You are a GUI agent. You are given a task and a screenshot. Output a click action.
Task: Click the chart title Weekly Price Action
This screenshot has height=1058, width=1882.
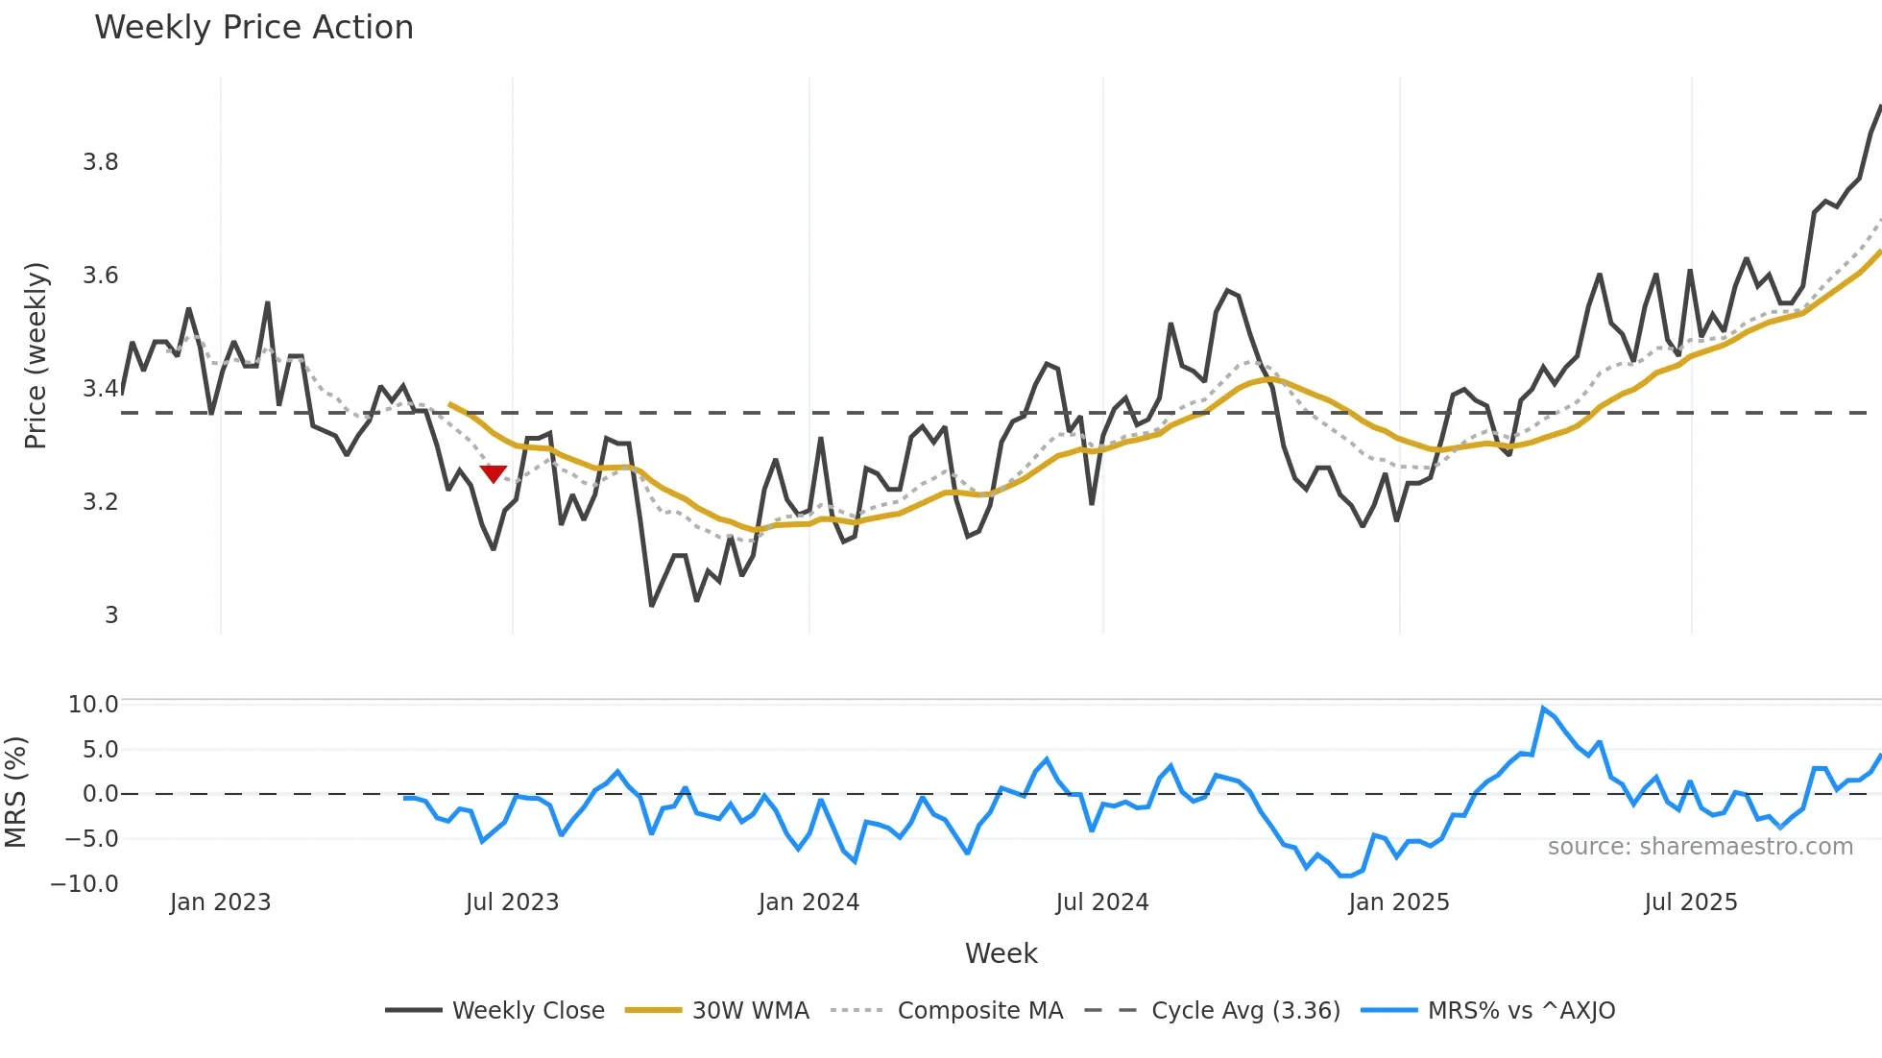[253, 28]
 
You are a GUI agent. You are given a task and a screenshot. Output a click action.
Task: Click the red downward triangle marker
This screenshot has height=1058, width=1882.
[493, 473]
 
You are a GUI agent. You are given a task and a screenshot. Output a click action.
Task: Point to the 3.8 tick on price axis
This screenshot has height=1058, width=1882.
[101, 162]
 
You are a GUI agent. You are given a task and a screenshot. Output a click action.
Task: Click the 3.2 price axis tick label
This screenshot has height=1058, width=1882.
[101, 502]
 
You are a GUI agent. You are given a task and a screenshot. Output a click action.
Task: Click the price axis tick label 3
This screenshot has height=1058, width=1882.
[111, 615]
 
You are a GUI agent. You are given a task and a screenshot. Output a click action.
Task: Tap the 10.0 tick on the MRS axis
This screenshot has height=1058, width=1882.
[93, 705]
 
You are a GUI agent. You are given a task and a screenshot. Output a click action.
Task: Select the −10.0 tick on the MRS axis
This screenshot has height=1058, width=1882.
[84, 884]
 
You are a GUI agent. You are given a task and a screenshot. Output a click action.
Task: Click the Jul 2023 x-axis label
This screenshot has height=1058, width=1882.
[512, 902]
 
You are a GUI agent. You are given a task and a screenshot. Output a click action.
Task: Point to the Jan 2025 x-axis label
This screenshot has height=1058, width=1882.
[1398, 902]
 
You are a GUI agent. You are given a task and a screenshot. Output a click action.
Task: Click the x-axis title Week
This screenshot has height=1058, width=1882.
[1001, 953]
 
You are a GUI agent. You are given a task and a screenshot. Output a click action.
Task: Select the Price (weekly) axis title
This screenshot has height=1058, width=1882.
[36, 355]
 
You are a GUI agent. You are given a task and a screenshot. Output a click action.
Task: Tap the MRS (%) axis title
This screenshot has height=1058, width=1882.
[16, 792]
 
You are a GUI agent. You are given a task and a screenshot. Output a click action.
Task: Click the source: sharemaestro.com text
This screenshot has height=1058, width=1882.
[1700, 847]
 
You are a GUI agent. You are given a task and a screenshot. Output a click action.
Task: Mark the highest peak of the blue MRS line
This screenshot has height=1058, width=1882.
[1543, 709]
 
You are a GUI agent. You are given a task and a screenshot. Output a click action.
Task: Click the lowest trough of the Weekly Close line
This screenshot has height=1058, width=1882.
[651, 606]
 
